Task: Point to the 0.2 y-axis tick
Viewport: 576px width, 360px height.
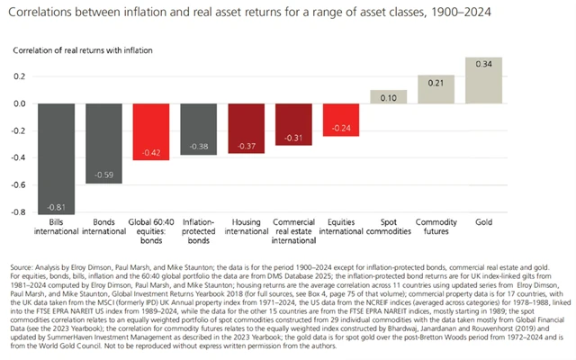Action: coord(18,76)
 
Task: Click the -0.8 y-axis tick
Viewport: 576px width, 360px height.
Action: coord(17,212)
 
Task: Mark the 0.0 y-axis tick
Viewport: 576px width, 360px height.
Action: coord(18,103)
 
